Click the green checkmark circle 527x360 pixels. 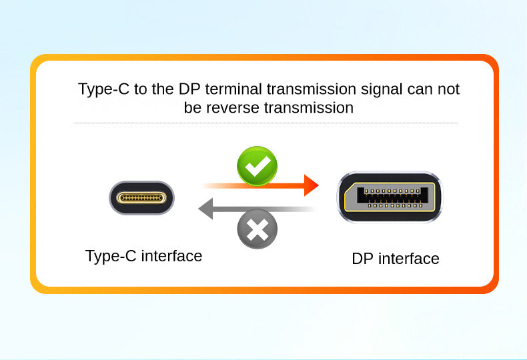[257, 166]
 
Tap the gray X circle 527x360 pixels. [257, 229]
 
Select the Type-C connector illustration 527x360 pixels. [141, 198]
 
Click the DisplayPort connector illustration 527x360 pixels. [390, 197]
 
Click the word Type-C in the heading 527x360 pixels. [104, 89]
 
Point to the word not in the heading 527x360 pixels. [448, 89]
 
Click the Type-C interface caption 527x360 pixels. [143, 256]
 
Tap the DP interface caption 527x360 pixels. [396, 259]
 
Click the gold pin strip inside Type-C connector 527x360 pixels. [141, 198]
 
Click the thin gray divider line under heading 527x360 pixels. [266, 123]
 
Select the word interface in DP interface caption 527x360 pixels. [409, 259]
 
